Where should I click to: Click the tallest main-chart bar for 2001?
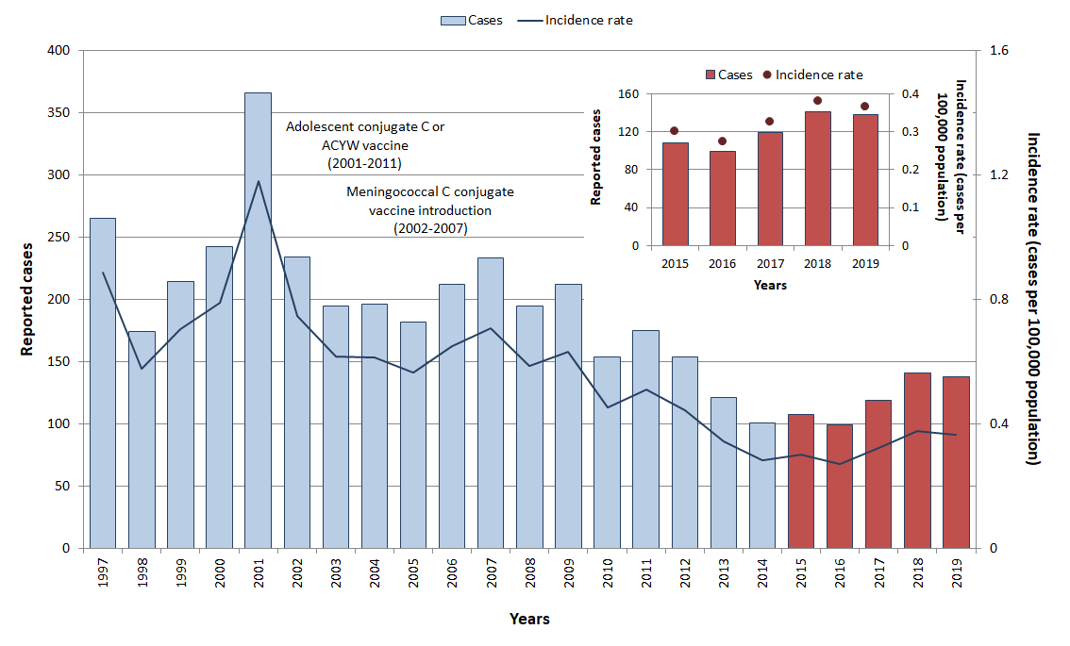click(x=258, y=321)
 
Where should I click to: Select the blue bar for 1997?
click(x=103, y=383)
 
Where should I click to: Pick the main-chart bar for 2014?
click(x=761, y=485)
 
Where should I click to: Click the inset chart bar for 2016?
click(x=723, y=198)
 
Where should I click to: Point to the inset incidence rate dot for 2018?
click(x=817, y=101)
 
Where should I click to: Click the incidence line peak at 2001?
click(x=258, y=181)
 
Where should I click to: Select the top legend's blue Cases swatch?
click(x=452, y=21)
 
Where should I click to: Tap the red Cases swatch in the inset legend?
click(x=710, y=75)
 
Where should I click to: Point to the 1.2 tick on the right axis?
click(x=998, y=175)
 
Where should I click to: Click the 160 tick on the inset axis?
click(x=629, y=94)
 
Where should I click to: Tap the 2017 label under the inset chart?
click(x=770, y=264)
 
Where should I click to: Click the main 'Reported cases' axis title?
click(x=28, y=300)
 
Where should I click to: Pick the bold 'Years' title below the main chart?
click(x=528, y=620)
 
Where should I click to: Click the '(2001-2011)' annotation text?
click(x=364, y=163)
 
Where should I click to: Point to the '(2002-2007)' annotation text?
click(x=429, y=228)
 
